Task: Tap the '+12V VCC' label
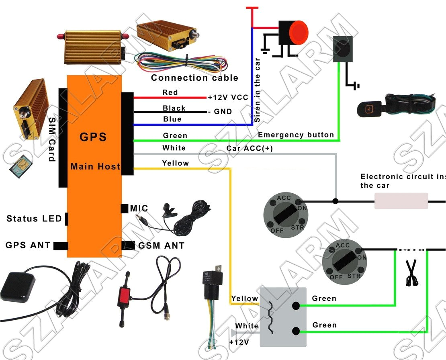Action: [228, 98]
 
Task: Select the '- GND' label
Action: [219, 111]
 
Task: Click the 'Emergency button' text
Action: [296, 135]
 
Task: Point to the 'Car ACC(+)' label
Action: [250, 148]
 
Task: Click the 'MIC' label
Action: [139, 209]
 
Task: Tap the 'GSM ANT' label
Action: [161, 245]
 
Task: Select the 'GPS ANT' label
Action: [28, 245]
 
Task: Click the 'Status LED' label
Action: [34, 219]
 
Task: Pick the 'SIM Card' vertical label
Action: [52, 139]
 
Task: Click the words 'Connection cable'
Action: [194, 78]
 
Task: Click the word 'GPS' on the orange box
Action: [93, 137]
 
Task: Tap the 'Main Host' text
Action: [95, 166]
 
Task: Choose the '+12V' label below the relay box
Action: [239, 342]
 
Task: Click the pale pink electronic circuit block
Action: [401, 200]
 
